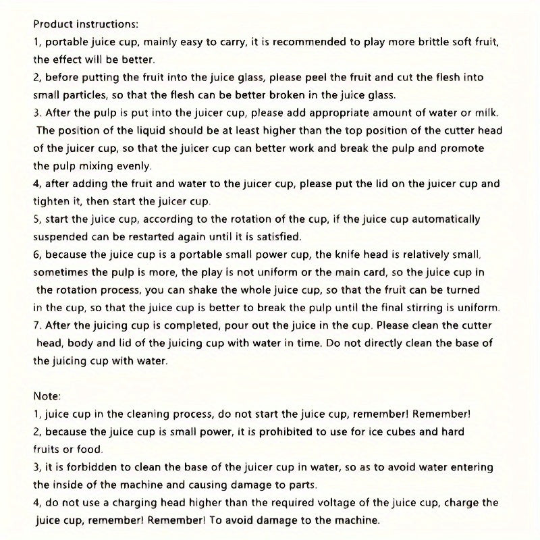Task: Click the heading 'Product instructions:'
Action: (86, 24)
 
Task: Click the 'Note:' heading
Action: (47, 396)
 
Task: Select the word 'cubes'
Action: (405, 431)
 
